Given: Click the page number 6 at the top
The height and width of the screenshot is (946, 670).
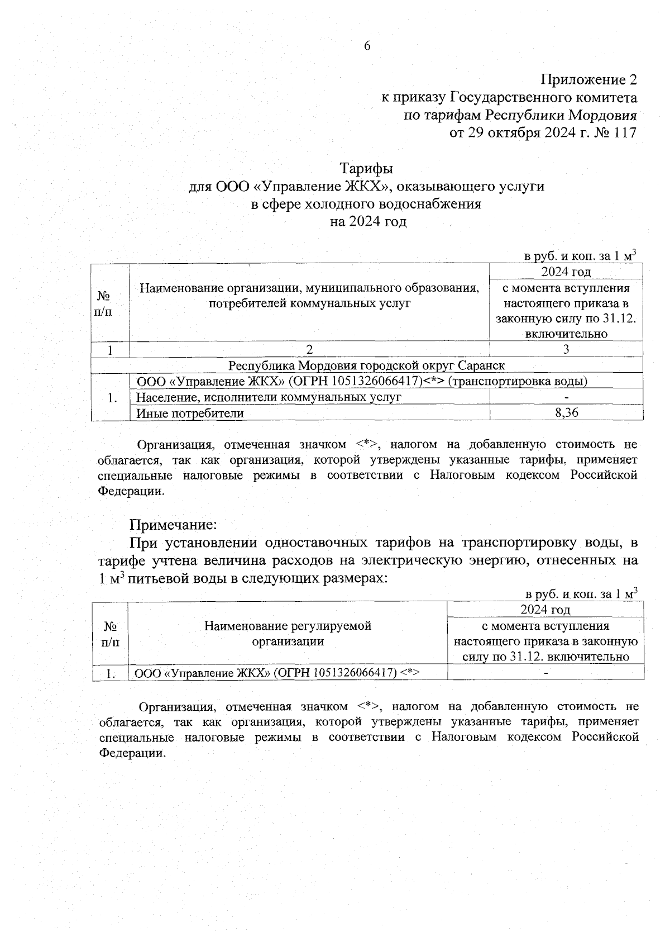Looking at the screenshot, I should point(367,46).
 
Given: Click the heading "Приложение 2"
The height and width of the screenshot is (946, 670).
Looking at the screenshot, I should point(588,79).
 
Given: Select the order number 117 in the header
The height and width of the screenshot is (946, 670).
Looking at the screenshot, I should point(624,133).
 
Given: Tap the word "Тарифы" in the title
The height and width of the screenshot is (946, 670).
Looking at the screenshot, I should point(367,168).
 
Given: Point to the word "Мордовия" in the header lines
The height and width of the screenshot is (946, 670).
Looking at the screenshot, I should point(604,116).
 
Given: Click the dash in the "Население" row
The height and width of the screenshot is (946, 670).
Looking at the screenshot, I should point(566,397).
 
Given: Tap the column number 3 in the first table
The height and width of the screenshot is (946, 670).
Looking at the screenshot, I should point(566,350).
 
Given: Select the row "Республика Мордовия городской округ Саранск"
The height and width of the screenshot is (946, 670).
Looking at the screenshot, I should point(367,365).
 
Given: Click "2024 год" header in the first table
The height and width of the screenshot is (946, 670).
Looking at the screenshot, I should point(566,272).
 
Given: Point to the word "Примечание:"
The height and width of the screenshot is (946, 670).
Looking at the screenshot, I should point(173,525).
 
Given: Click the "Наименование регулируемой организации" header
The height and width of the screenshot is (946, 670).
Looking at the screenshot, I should point(288,634).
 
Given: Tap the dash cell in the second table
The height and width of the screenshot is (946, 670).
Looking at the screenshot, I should point(545,673).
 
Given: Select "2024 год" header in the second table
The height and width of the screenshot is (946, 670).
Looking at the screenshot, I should point(545,609).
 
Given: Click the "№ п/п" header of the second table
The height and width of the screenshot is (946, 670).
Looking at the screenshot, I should point(110,634).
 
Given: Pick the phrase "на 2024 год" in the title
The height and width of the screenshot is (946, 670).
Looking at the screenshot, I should point(367,222).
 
